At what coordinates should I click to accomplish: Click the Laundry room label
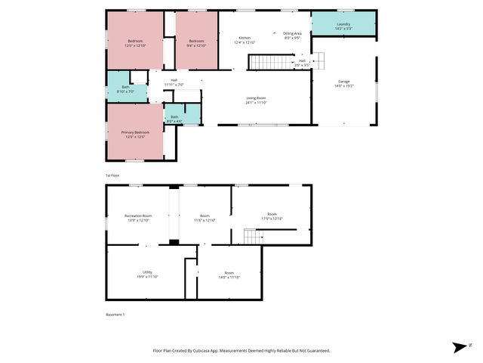click(x=343, y=26)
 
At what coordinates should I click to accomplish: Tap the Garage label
click(x=344, y=83)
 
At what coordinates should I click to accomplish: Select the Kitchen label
click(x=245, y=39)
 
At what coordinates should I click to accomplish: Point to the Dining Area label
click(x=292, y=35)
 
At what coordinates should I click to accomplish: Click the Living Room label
click(x=257, y=100)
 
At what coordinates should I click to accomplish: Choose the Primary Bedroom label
click(x=135, y=134)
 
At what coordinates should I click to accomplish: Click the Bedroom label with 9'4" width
click(x=196, y=42)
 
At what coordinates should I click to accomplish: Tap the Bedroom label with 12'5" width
click(x=135, y=42)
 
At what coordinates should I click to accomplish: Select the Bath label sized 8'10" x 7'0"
click(x=125, y=89)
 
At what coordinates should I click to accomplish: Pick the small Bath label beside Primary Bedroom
click(x=174, y=118)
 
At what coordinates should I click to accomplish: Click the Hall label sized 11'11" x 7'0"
click(x=174, y=82)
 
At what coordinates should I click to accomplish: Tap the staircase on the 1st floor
click(x=265, y=62)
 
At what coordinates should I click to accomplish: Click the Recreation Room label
click(x=138, y=218)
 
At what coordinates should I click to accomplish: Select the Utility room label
click(x=147, y=274)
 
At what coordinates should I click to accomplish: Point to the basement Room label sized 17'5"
click(x=272, y=216)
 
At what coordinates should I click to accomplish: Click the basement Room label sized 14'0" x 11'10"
click(x=229, y=275)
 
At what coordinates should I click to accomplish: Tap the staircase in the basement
click(x=253, y=237)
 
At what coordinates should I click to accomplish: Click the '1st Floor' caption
click(x=112, y=175)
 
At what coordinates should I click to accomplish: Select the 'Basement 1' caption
click(x=115, y=314)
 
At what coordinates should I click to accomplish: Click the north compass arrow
click(x=459, y=347)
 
